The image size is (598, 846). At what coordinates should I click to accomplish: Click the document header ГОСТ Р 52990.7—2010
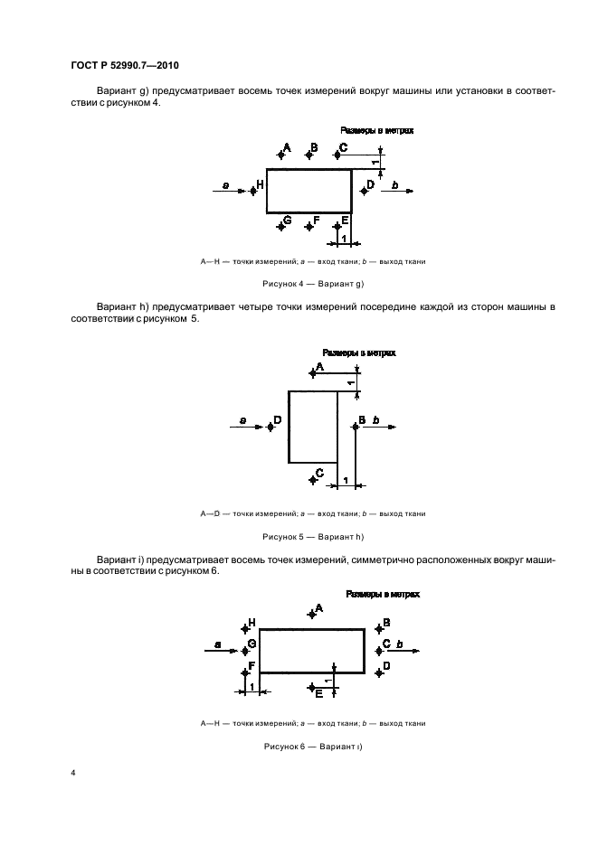point(128,65)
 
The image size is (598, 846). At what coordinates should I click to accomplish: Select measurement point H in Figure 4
point(254,190)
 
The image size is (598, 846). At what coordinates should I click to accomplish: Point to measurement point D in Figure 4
point(363,189)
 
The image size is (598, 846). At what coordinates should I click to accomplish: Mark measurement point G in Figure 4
point(281,222)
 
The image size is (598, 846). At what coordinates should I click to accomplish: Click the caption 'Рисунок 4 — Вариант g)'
point(312,283)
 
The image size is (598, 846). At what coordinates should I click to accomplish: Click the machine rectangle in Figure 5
point(313,427)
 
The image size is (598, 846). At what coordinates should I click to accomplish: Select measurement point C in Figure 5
point(312,475)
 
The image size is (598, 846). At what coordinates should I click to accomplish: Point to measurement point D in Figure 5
point(271,425)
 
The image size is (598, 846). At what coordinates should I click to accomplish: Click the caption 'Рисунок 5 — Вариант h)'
point(312,537)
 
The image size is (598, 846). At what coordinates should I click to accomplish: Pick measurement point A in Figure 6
point(311,614)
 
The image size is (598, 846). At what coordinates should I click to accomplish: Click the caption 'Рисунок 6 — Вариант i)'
point(312,747)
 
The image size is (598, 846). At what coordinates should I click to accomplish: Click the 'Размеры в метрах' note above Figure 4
point(376,131)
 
